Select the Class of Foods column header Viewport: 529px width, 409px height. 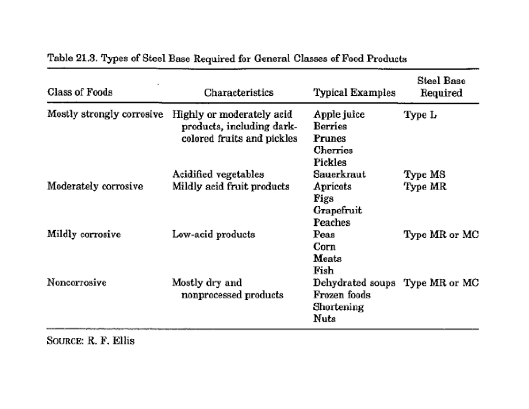80,92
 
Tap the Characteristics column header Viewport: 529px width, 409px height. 239,92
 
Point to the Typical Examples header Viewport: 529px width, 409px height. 354,92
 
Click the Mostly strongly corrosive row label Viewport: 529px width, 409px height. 105,114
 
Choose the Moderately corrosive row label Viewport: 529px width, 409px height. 95,186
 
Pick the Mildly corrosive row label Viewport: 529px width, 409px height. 84,234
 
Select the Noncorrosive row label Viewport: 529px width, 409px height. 77,283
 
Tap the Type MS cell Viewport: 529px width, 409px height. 424,175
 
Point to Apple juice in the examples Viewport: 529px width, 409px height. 339,114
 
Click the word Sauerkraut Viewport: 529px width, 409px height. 339,175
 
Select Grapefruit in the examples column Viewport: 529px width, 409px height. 338,210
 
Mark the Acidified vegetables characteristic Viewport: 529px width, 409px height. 218,175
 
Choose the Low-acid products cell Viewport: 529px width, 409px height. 213,234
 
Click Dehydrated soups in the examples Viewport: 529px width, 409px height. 354,283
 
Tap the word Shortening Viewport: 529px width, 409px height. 338,307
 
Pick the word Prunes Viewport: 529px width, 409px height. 330,138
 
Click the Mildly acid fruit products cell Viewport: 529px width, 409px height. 231,186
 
